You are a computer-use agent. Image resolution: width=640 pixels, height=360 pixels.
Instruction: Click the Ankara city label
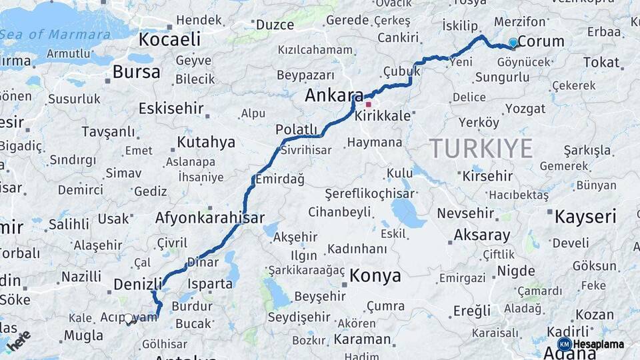click(333, 95)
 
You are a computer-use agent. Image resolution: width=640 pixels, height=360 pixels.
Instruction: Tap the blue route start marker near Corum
click(513, 43)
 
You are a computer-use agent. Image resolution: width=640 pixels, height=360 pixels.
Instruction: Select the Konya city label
click(375, 276)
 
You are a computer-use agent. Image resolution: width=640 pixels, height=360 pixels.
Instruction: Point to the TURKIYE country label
click(481, 148)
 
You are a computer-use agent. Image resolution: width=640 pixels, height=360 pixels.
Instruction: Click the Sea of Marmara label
click(55, 35)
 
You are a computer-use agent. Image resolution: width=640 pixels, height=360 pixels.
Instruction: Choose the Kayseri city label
click(586, 216)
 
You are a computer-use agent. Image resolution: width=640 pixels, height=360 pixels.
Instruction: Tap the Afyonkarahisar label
click(209, 217)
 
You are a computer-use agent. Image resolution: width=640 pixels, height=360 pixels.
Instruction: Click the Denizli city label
click(138, 284)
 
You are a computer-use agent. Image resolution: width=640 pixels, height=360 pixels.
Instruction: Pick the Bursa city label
click(136, 72)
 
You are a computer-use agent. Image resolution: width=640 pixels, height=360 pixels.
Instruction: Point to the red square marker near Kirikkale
click(368, 105)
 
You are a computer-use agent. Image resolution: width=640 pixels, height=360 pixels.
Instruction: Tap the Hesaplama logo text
click(598, 344)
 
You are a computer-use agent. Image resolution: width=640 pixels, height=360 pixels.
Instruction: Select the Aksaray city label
click(481, 235)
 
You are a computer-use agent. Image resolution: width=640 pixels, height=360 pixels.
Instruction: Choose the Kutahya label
click(206, 142)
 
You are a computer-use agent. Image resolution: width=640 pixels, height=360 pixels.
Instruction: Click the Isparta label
click(210, 283)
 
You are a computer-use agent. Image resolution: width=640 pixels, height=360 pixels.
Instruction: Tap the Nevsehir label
click(466, 214)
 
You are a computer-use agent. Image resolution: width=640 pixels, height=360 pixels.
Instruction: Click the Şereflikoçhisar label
click(369, 194)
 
